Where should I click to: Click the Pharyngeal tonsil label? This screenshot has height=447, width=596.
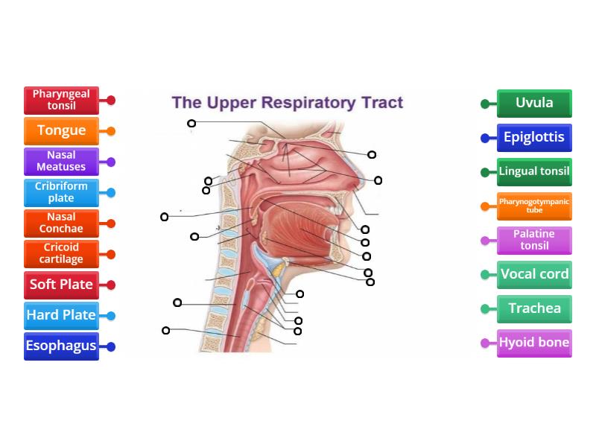(x=61, y=100)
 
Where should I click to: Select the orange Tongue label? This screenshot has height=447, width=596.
(x=61, y=131)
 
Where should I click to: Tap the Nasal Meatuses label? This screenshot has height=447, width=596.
(x=61, y=162)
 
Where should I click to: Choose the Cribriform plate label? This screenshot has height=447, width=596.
(x=61, y=192)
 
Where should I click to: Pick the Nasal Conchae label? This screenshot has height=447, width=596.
(x=61, y=223)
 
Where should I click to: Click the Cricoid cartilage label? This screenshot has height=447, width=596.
(x=61, y=254)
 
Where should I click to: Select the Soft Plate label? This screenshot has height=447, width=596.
(x=61, y=285)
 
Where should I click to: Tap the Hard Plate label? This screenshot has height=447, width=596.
(x=61, y=315)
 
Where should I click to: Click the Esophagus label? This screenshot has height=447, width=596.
(x=61, y=346)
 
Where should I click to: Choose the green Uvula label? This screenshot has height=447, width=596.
(x=534, y=104)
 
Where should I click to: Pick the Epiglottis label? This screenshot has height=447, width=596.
(x=534, y=138)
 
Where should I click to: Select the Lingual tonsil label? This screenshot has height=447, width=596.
(x=534, y=172)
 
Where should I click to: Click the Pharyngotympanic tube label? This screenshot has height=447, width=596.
(x=534, y=206)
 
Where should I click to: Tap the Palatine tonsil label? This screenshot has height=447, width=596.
(x=534, y=241)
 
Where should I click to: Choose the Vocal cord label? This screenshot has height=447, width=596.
(x=534, y=275)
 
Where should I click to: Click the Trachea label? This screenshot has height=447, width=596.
(x=534, y=309)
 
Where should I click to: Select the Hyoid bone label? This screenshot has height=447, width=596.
(x=534, y=343)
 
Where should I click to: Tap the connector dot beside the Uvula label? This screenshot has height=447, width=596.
(x=485, y=104)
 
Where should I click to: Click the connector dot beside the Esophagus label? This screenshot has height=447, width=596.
(x=111, y=346)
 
